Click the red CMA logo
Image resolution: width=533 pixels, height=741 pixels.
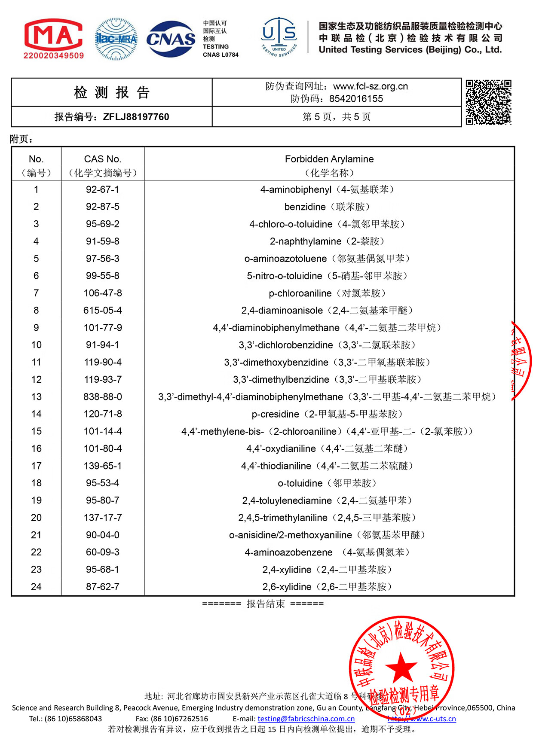[53, 38]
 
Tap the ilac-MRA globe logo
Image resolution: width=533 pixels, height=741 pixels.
[116, 39]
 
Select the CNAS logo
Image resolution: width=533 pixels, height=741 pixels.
[171, 39]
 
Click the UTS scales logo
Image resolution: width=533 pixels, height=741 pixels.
[279, 37]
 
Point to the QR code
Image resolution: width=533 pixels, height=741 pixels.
[488, 102]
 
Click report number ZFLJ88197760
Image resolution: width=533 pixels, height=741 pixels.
[136, 117]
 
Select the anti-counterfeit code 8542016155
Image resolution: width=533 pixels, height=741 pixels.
[356, 99]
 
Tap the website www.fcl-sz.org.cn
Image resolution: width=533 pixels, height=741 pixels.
[371, 86]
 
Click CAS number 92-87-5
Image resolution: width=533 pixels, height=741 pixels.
[103, 207]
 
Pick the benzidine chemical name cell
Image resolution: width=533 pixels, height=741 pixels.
[328, 207]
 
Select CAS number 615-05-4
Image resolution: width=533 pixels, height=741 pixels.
[103, 310]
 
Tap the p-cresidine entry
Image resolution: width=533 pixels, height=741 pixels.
[328, 414]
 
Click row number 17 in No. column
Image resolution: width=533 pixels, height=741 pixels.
[37, 466]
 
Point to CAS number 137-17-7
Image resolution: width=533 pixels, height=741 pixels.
[103, 518]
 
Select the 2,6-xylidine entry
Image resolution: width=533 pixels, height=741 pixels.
[328, 587]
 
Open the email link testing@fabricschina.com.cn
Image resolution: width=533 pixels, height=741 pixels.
[306, 719]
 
